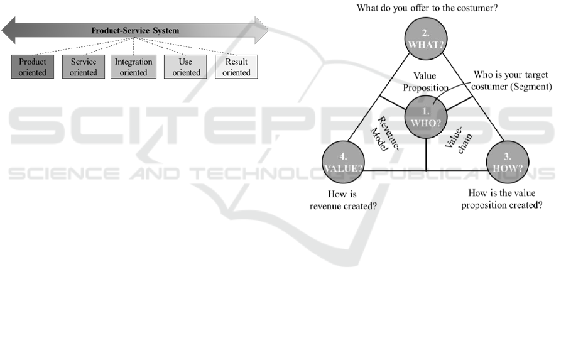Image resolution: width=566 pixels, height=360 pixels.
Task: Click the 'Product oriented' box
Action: point(33,67)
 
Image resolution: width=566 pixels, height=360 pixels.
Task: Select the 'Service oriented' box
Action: point(84,67)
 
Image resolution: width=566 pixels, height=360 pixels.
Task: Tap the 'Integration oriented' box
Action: point(134,67)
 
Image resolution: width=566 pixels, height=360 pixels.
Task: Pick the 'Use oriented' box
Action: point(187,67)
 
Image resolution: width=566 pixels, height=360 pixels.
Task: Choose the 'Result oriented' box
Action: point(236,67)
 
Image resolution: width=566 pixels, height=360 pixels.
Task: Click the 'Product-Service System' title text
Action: point(135,30)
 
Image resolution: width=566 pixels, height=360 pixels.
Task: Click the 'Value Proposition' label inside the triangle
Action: point(426,82)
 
